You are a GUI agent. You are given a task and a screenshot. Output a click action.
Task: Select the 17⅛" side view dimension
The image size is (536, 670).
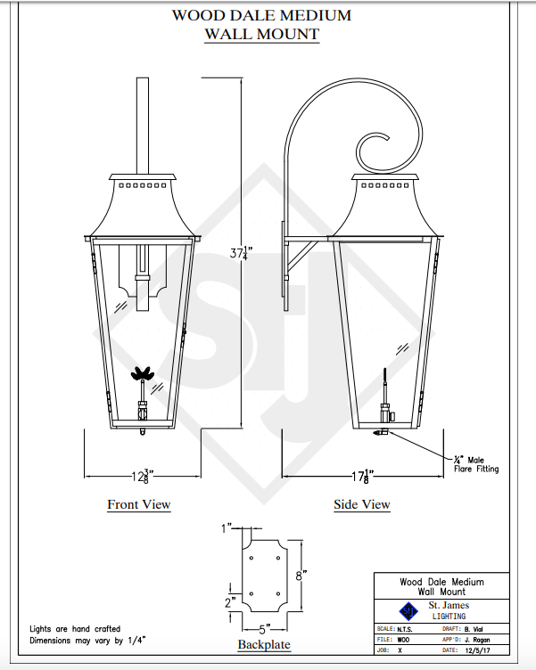click(x=362, y=476)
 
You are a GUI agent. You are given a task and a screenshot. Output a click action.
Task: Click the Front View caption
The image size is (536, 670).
click(x=139, y=504)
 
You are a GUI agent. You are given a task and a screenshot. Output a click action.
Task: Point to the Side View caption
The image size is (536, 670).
click(x=362, y=504)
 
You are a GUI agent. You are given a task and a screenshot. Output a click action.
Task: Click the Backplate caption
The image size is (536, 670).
click(x=264, y=644)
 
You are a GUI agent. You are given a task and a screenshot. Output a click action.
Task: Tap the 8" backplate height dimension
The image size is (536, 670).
click(x=301, y=576)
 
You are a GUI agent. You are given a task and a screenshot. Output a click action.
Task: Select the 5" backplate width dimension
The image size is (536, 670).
click(x=264, y=629)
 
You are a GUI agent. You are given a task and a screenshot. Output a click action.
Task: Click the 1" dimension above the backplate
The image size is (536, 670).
click(x=227, y=528)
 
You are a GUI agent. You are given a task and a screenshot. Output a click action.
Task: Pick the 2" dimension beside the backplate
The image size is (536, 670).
click(x=230, y=602)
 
